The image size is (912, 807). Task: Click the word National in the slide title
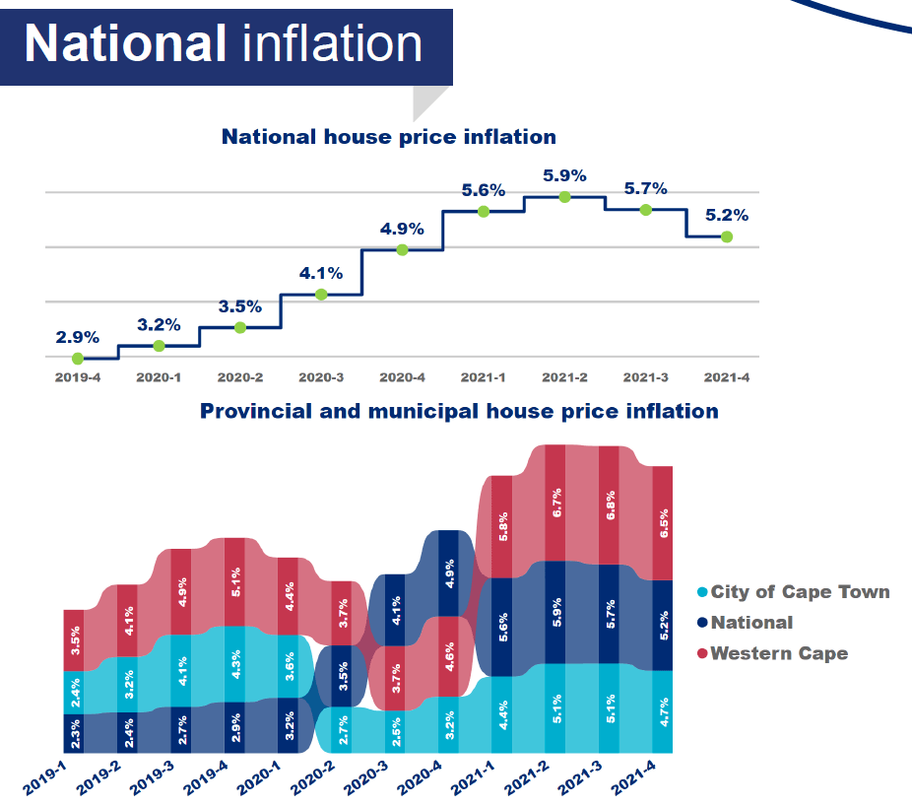pyautogui.click(x=124, y=42)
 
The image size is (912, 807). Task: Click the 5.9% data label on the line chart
pyautogui.click(x=564, y=176)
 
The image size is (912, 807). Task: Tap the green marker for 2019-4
pyautogui.click(x=78, y=359)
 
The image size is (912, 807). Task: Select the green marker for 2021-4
pyautogui.click(x=727, y=236)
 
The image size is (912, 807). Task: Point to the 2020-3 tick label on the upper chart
pyautogui.click(x=321, y=377)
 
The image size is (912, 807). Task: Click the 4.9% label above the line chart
pyautogui.click(x=402, y=229)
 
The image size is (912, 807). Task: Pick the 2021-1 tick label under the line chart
pyautogui.click(x=484, y=377)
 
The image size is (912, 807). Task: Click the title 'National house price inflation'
pyautogui.click(x=388, y=137)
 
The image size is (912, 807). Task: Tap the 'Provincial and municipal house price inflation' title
pyautogui.click(x=459, y=410)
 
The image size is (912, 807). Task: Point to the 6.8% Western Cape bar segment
pyautogui.click(x=609, y=504)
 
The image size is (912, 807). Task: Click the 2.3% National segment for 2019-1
pyautogui.click(x=74, y=733)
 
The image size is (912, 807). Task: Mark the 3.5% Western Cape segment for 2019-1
pyautogui.click(x=74, y=639)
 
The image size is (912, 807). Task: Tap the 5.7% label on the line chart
pyautogui.click(x=646, y=188)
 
